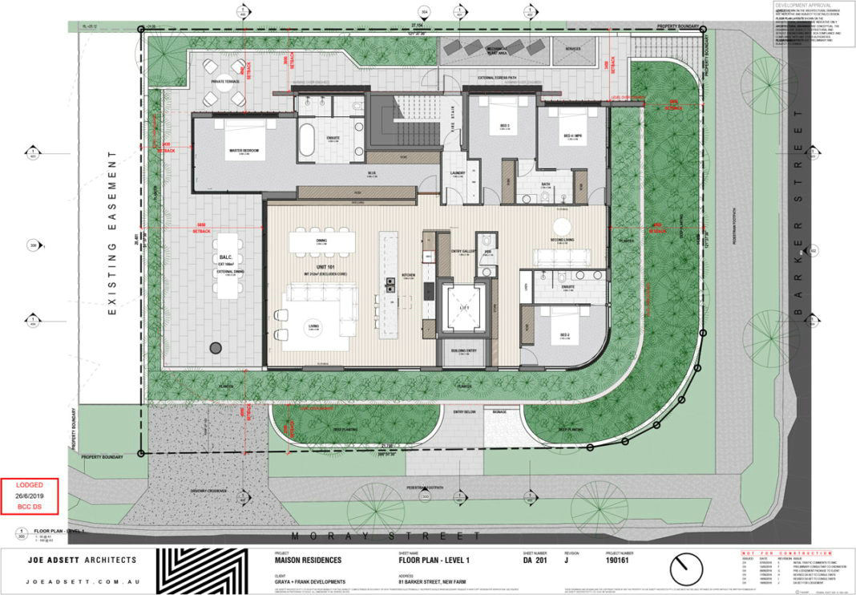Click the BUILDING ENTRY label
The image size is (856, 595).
(x=460, y=350)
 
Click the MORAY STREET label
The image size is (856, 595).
(x=386, y=536)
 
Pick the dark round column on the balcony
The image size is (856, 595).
(x=216, y=347)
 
